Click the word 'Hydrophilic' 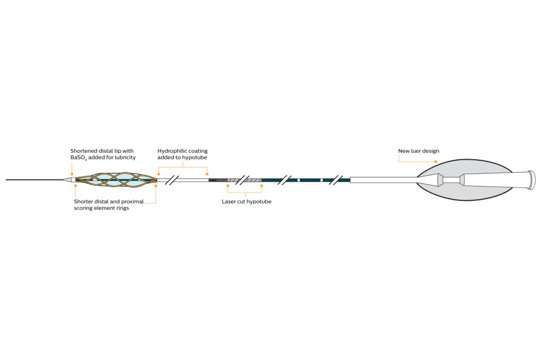click(x=171, y=151)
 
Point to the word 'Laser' click(x=229, y=201)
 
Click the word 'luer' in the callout click(x=417, y=151)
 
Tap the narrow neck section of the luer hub click(x=451, y=180)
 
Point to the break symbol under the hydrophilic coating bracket click(x=171, y=180)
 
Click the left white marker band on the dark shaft click(x=298, y=180)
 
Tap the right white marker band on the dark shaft click(x=321, y=180)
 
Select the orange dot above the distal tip click(x=72, y=173)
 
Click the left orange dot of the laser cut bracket click(x=228, y=186)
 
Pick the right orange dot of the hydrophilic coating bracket click(x=207, y=173)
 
